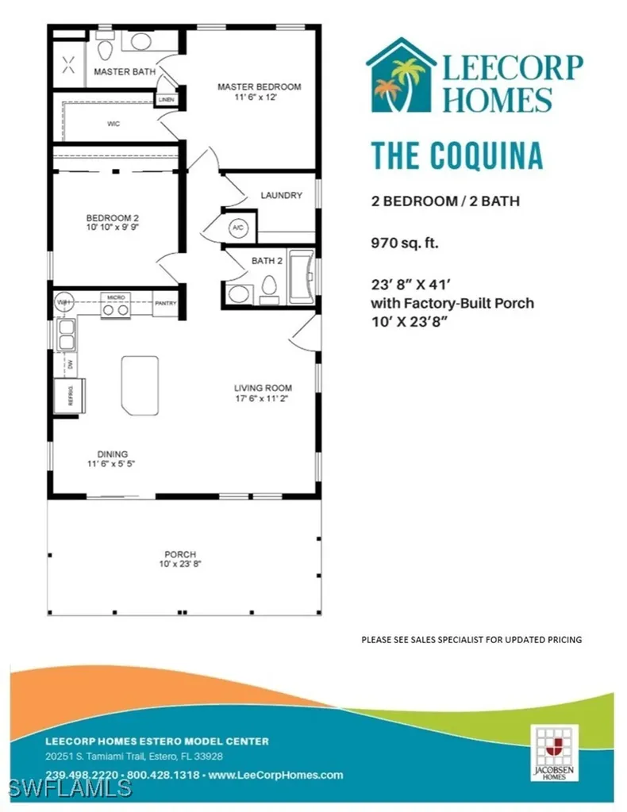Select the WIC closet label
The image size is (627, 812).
click(113, 124)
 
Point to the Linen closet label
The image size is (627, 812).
click(167, 100)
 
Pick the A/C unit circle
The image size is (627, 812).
click(238, 228)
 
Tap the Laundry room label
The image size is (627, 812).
click(280, 195)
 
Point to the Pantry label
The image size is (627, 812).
click(166, 303)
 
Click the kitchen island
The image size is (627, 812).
click(140, 382)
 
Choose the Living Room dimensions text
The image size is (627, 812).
click(263, 399)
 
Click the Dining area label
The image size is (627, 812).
click(112, 454)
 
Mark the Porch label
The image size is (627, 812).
click(180, 554)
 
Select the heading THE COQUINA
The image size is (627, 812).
click(457, 156)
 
